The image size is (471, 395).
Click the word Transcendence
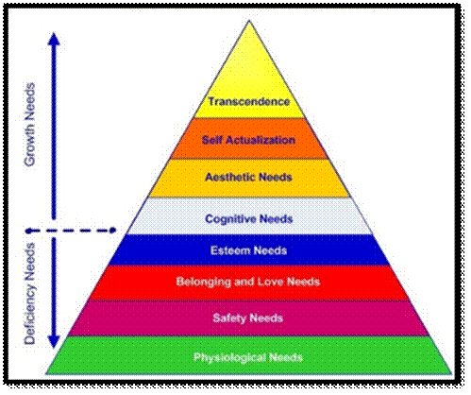tap(248, 102)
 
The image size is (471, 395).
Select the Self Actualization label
tap(248, 140)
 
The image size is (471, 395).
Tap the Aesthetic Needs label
tap(248, 177)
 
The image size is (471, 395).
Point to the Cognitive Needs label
tap(249, 219)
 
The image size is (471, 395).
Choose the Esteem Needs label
tap(248, 250)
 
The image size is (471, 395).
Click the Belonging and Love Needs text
tap(248, 282)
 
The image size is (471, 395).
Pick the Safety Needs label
tap(248, 318)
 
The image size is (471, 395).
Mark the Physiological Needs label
tap(248, 358)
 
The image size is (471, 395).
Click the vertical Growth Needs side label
tap(30, 125)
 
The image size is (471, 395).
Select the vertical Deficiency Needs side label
tap(30, 294)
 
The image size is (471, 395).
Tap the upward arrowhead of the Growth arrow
tap(55, 39)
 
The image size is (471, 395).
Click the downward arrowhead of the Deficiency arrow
tap(54, 342)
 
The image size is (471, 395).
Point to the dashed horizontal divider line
tap(71, 231)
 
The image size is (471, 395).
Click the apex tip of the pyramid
tap(249, 21)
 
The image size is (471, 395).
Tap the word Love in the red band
tap(270, 282)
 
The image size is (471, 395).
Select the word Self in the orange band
tap(212, 140)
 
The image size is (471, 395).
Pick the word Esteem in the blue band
tap(230, 250)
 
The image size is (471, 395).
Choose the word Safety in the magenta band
tap(229, 318)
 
